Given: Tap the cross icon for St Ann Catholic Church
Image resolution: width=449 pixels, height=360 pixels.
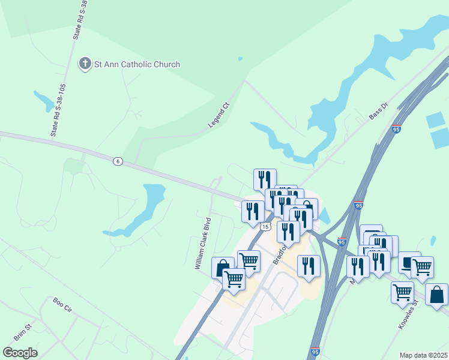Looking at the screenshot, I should tap(85, 64).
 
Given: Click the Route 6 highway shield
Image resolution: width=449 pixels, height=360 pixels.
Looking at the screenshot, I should tap(118, 160).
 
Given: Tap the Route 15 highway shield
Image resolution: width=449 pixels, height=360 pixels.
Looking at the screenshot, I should tap(265, 226).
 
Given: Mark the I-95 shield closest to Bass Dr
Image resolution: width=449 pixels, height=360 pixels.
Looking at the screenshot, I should tap(396, 129).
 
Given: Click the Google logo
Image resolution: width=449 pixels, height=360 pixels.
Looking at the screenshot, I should tap(20, 352).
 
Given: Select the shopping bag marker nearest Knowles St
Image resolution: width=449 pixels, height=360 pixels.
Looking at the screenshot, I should tap(436, 295).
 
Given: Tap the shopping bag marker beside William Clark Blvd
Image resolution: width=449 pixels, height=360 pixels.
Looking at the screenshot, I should tap(223, 267).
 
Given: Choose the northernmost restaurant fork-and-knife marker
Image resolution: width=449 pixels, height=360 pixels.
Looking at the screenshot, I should tap(265, 179).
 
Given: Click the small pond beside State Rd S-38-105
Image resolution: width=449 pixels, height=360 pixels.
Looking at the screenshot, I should tap(44, 100).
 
